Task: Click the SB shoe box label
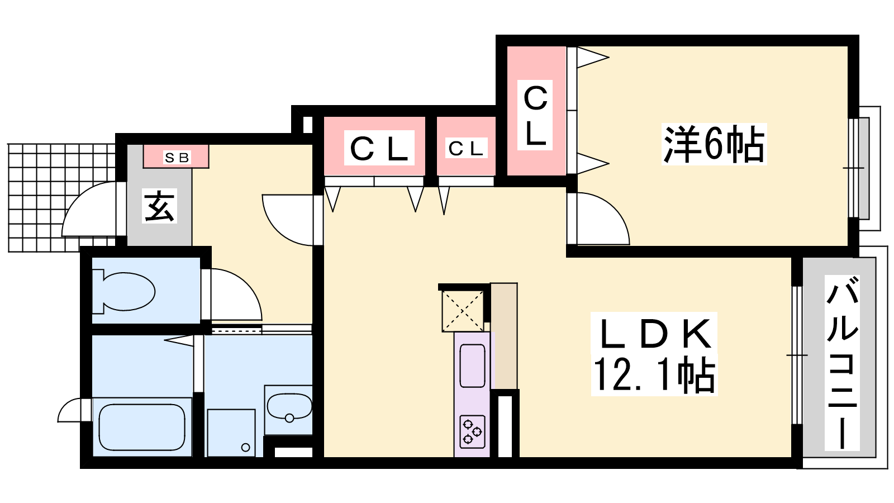[x=177, y=158]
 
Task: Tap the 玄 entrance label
[x=159, y=206]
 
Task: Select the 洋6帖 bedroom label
[x=714, y=144]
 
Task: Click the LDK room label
[x=655, y=333]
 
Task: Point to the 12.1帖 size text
[x=654, y=374]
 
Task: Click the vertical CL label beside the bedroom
[x=535, y=115]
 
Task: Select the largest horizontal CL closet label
[x=379, y=148]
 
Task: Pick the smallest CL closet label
[x=466, y=149]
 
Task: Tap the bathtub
[x=142, y=427]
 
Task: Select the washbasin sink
[x=289, y=407]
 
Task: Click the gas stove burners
[x=472, y=431]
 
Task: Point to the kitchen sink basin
[x=472, y=366]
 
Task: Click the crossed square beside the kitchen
[x=463, y=311]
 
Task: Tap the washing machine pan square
[x=231, y=433]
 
